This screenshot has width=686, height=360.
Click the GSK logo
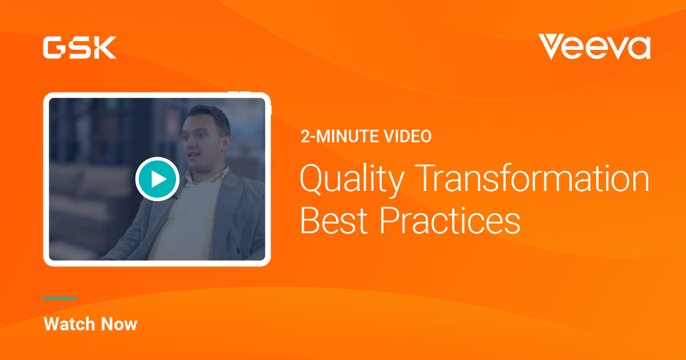[79, 47]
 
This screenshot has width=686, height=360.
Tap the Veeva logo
[594, 47]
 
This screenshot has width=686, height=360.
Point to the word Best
[334, 221]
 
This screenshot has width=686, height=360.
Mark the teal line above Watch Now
[60, 298]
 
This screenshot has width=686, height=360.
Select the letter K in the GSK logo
[106, 47]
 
